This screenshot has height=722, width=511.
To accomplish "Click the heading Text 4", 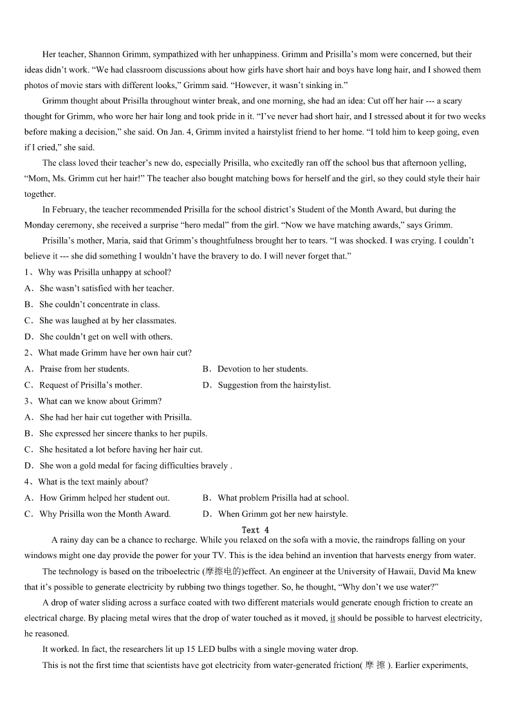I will coord(255,530).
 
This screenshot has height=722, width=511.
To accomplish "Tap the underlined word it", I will coord(333,618).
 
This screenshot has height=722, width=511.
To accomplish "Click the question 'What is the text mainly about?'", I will coord(93,482).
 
